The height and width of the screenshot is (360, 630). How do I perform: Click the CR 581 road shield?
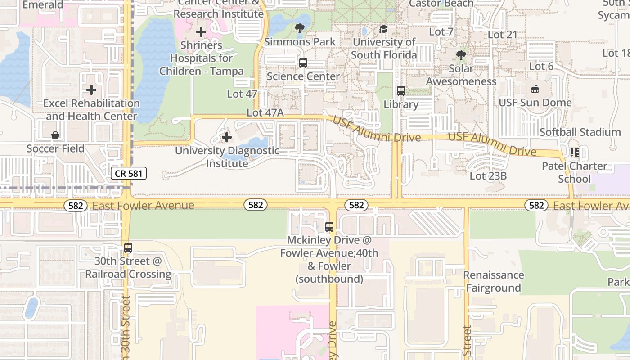(129, 173)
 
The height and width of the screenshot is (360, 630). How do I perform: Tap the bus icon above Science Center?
(303, 63)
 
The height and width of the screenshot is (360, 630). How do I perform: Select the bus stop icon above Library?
(401, 91)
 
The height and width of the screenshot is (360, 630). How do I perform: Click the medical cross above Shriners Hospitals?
(201, 32)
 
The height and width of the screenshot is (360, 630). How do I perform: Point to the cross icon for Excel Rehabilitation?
(91, 90)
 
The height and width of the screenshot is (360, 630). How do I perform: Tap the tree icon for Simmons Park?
(299, 29)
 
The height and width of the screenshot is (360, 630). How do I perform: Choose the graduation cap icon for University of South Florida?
(383, 29)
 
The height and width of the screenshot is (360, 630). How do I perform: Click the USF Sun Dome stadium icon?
(535, 89)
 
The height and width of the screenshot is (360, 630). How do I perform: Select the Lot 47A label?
(265, 113)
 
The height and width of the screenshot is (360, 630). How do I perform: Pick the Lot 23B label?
(488, 176)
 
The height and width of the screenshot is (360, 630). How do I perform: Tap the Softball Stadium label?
(580, 132)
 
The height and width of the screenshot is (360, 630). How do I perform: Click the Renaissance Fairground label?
(494, 281)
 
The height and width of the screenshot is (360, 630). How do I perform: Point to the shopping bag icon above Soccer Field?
(55, 135)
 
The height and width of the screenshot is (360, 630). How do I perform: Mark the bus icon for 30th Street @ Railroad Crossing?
(128, 248)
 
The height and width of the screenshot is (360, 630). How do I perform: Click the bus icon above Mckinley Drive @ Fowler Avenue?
(329, 227)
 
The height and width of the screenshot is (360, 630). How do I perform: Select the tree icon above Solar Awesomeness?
(461, 55)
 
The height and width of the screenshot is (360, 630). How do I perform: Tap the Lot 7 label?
(441, 31)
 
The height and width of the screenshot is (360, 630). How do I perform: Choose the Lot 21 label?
(503, 35)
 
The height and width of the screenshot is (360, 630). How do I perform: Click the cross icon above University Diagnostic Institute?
(227, 137)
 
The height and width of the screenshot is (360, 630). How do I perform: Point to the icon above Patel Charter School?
(574, 153)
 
